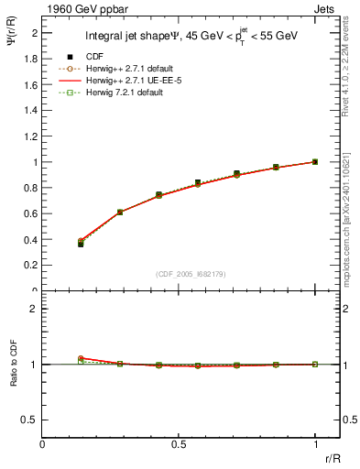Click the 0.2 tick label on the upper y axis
click(33, 266)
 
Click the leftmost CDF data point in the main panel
click(81, 245)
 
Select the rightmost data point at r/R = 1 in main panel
click(315, 162)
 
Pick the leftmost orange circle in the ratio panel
click(81, 358)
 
